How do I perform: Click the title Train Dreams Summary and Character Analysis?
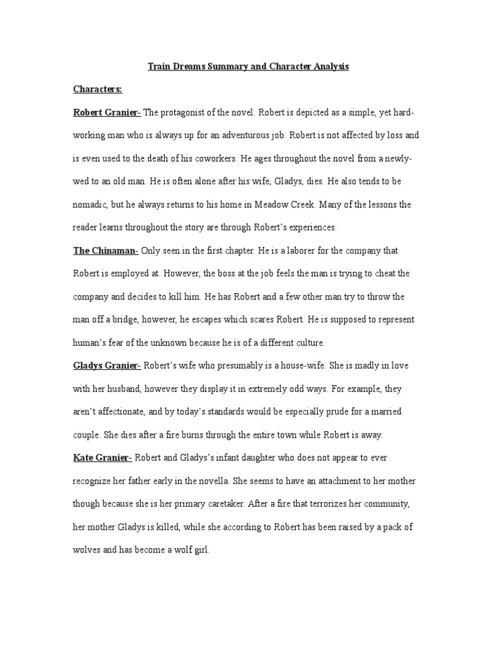tap(248, 66)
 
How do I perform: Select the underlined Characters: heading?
tap(97, 90)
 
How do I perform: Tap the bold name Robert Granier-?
tap(107, 113)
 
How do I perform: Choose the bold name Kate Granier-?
tap(103, 457)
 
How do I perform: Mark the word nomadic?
tap(92, 205)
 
